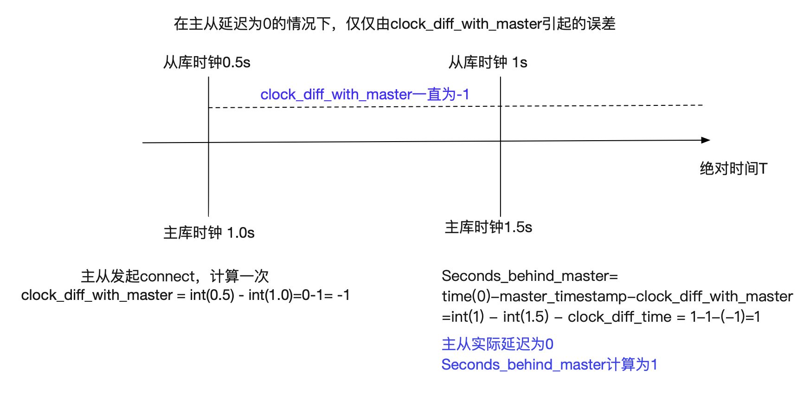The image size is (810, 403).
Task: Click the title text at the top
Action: pos(394,24)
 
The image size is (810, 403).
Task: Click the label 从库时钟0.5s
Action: pos(207,62)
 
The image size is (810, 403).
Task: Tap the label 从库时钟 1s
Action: pos(488,62)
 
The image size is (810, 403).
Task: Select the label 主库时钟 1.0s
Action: pos(209,233)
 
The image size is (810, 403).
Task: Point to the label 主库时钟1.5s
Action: pos(489,227)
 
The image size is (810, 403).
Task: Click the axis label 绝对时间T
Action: pos(733,168)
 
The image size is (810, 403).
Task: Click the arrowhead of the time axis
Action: pos(706,140)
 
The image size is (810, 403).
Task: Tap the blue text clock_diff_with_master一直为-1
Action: pos(365,94)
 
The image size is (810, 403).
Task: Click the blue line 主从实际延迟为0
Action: pos(497,344)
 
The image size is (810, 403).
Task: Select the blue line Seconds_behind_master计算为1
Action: pos(549,364)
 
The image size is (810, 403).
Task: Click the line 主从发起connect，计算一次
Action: pos(175,276)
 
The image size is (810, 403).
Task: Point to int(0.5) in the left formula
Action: pos(212,295)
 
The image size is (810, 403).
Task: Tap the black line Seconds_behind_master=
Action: pos(530,276)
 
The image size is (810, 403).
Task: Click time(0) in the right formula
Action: pos(466,296)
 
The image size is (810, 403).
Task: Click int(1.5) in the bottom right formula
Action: pos(526,317)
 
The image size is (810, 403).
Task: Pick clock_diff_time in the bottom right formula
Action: pos(620,317)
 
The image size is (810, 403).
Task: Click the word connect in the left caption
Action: pos(168,276)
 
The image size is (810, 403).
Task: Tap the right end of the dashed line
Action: pos(703,105)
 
